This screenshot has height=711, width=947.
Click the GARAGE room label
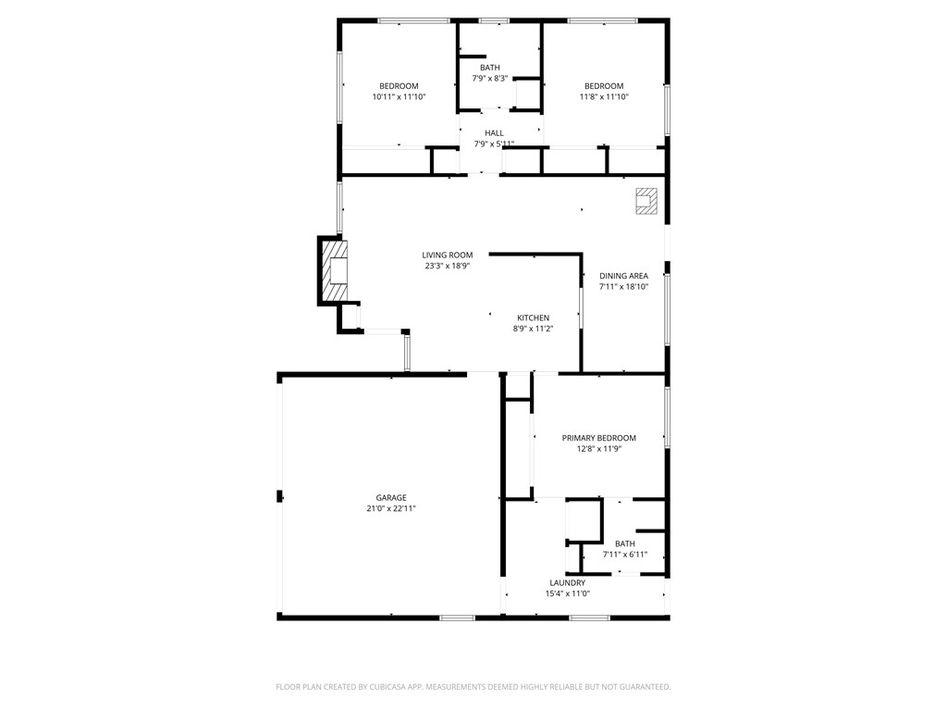(390, 497)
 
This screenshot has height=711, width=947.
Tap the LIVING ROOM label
(447, 256)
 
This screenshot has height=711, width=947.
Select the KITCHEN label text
(533, 318)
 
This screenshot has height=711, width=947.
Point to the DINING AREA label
(623, 276)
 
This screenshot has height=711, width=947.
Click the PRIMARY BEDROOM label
(598, 438)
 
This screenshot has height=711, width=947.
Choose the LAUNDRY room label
(567, 583)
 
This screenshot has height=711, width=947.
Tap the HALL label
(494, 133)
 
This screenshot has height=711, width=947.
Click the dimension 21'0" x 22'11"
(390, 508)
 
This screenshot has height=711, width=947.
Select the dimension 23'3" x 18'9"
(447, 267)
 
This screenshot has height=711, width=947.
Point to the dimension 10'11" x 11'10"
(399, 97)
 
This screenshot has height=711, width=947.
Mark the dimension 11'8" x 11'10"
(604, 97)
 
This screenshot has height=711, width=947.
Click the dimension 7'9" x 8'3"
(489, 79)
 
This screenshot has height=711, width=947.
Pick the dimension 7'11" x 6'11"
(624, 555)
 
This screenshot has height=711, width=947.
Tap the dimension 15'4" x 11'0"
(567, 594)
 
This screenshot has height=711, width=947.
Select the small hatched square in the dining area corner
(646, 202)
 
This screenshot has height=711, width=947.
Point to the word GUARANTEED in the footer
(640, 687)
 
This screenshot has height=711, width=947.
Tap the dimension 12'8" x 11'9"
(598, 449)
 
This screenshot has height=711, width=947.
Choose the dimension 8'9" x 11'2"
(533, 329)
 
